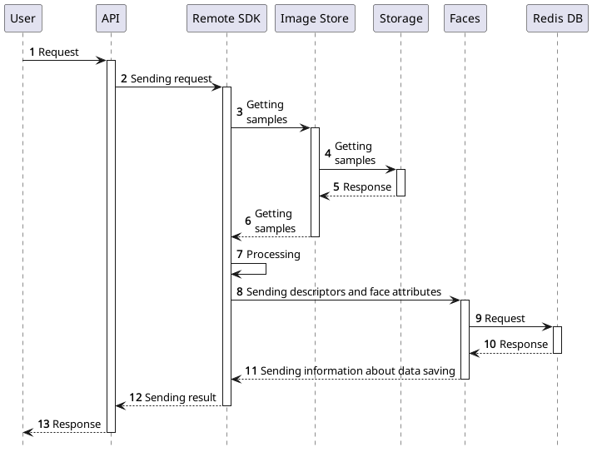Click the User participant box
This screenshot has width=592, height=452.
click(23, 18)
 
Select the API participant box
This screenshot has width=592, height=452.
click(110, 18)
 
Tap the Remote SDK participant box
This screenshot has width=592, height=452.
click(226, 18)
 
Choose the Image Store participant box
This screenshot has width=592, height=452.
click(315, 18)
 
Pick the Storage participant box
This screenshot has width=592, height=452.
click(400, 18)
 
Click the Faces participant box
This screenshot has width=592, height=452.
click(465, 18)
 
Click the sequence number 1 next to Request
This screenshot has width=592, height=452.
click(32, 52)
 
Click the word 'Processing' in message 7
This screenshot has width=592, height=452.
click(273, 254)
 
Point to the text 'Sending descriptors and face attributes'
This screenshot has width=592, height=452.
click(343, 292)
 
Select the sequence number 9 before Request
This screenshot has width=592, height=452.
click(479, 319)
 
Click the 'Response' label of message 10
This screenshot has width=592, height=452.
click(523, 345)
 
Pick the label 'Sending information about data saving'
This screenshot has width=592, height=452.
click(357, 370)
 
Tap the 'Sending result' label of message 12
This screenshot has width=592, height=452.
click(180, 398)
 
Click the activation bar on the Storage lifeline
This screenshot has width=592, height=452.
click(400, 182)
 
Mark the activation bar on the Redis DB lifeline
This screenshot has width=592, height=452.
click(557, 340)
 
